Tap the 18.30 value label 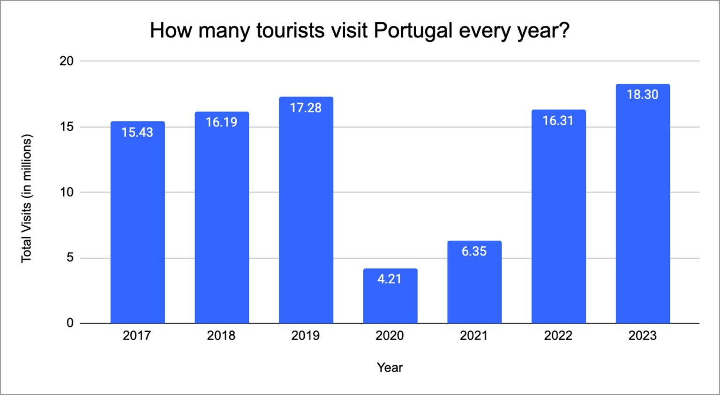642,95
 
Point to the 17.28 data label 306,108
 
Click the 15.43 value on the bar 137,132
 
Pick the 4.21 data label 390,279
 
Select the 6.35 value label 474,251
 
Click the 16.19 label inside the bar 221,122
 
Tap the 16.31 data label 558,121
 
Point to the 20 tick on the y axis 67,61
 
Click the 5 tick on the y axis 70,257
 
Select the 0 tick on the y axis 70,323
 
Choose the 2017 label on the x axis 137,335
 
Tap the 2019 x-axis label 305,335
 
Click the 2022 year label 558,335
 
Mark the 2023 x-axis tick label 642,335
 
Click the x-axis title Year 390,367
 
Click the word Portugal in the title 413,31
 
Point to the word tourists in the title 290,31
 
